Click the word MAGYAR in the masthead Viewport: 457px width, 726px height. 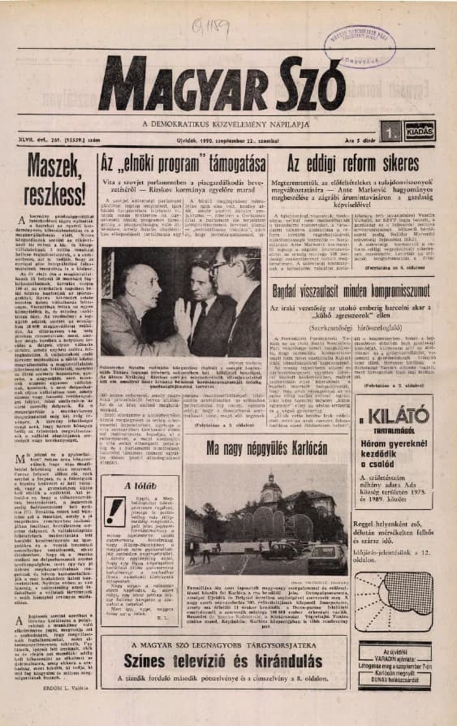click(171, 83)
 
